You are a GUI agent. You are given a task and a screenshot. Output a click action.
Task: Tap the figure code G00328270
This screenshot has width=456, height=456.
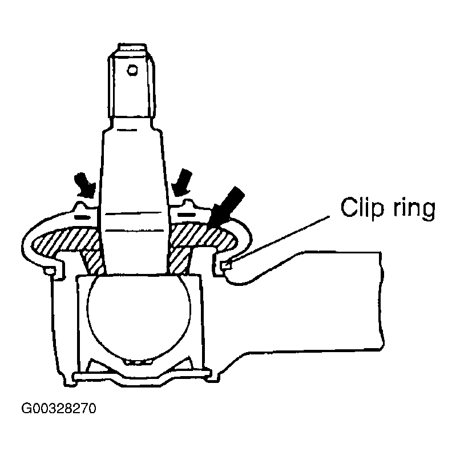pos(58,409)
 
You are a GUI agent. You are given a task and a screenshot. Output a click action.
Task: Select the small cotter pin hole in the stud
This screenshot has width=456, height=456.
pos(132,70)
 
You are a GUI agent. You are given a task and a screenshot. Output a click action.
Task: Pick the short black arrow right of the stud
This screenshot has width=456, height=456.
pos(181,182)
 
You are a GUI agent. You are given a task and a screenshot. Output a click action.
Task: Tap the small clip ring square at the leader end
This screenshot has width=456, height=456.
pos(227,265)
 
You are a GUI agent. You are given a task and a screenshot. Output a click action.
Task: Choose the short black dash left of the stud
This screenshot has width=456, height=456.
pos(83,217)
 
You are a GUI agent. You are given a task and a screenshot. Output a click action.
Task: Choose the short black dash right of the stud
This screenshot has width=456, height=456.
pos(187,215)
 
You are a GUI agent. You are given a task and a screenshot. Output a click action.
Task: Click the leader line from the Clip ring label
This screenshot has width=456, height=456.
pos(281,237)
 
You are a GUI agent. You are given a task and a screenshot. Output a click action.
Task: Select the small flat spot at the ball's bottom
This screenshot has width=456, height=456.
pos(138,362)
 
